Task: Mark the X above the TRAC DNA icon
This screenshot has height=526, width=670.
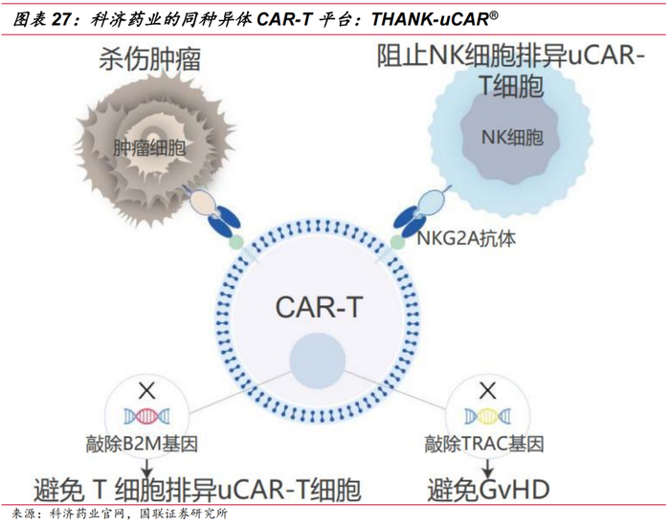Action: pyautogui.click(x=487, y=390)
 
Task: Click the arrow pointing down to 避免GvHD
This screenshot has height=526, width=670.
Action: pyautogui.click(x=487, y=467)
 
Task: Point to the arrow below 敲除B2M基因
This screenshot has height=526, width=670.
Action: pyautogui.click(x=145, y=467)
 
